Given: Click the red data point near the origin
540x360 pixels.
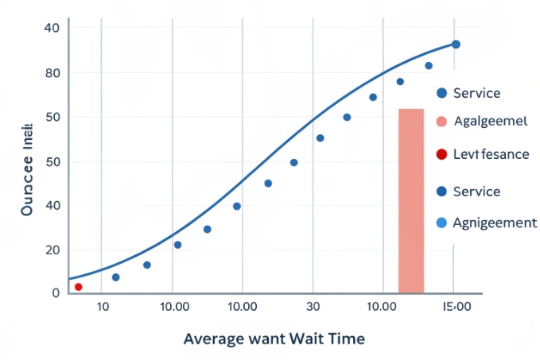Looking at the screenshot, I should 78,286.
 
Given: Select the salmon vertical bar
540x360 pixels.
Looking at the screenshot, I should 411,200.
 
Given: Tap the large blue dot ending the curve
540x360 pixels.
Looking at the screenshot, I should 456,45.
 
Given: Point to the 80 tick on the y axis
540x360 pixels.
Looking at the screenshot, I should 52,73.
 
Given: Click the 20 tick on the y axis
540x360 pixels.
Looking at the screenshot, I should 52,250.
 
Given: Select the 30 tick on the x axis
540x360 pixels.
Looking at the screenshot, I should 313,307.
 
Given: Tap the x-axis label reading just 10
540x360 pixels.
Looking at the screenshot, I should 103,307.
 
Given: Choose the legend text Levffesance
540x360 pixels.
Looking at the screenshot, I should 491,154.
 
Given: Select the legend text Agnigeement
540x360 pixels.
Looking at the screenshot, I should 494,223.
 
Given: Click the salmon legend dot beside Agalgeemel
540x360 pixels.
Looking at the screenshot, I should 442,122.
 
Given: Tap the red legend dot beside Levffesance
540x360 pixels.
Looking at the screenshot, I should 442,154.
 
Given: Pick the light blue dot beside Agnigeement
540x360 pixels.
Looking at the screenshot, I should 442,223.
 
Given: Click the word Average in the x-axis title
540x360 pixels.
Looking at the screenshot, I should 214,339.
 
